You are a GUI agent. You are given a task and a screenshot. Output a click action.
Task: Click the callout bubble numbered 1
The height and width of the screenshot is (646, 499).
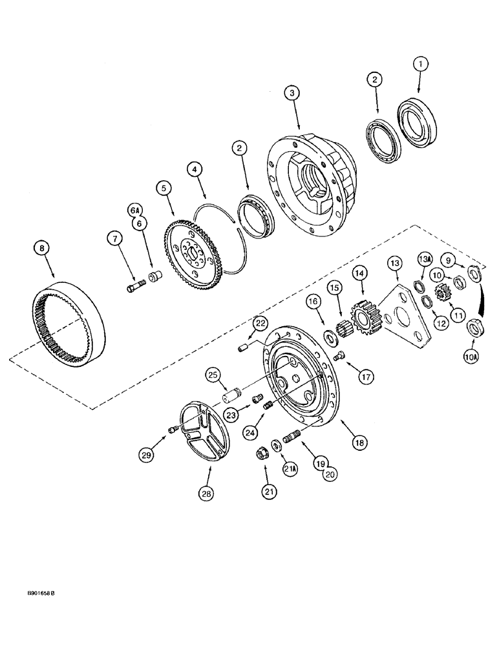point(421,64)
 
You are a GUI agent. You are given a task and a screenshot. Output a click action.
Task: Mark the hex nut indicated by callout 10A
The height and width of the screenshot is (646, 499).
point(475,329)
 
